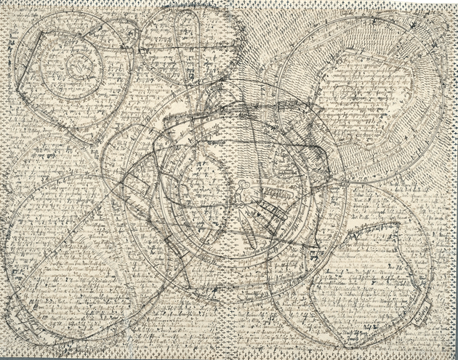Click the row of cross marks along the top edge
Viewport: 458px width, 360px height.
pyautogui.click(x=240, y=7)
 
